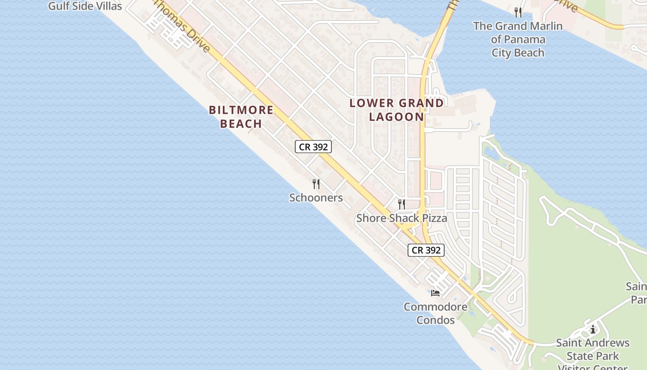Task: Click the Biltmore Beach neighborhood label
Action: (241, 117)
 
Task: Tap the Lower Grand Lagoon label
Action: (397, 110)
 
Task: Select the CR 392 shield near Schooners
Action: (313, 147)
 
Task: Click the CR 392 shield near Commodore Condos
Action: (426, 250)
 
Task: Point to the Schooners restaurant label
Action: (316, 198)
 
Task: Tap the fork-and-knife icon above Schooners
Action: (316, 184)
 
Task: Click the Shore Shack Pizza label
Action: (402, 218)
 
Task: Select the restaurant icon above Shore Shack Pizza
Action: (402, 204)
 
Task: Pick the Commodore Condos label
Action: (435, 313)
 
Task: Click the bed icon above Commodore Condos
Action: (435, 293)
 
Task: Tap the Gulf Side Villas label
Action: (85, 6)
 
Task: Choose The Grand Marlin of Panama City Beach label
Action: (518, 39)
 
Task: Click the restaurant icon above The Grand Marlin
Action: (518, 12)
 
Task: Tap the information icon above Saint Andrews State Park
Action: (593, 329)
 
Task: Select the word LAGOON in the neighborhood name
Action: (397, 117)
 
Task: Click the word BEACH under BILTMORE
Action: (241, 123)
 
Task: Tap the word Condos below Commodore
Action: (435, 320)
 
